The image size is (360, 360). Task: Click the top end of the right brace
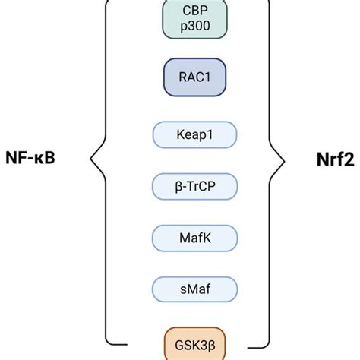(261, 2)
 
